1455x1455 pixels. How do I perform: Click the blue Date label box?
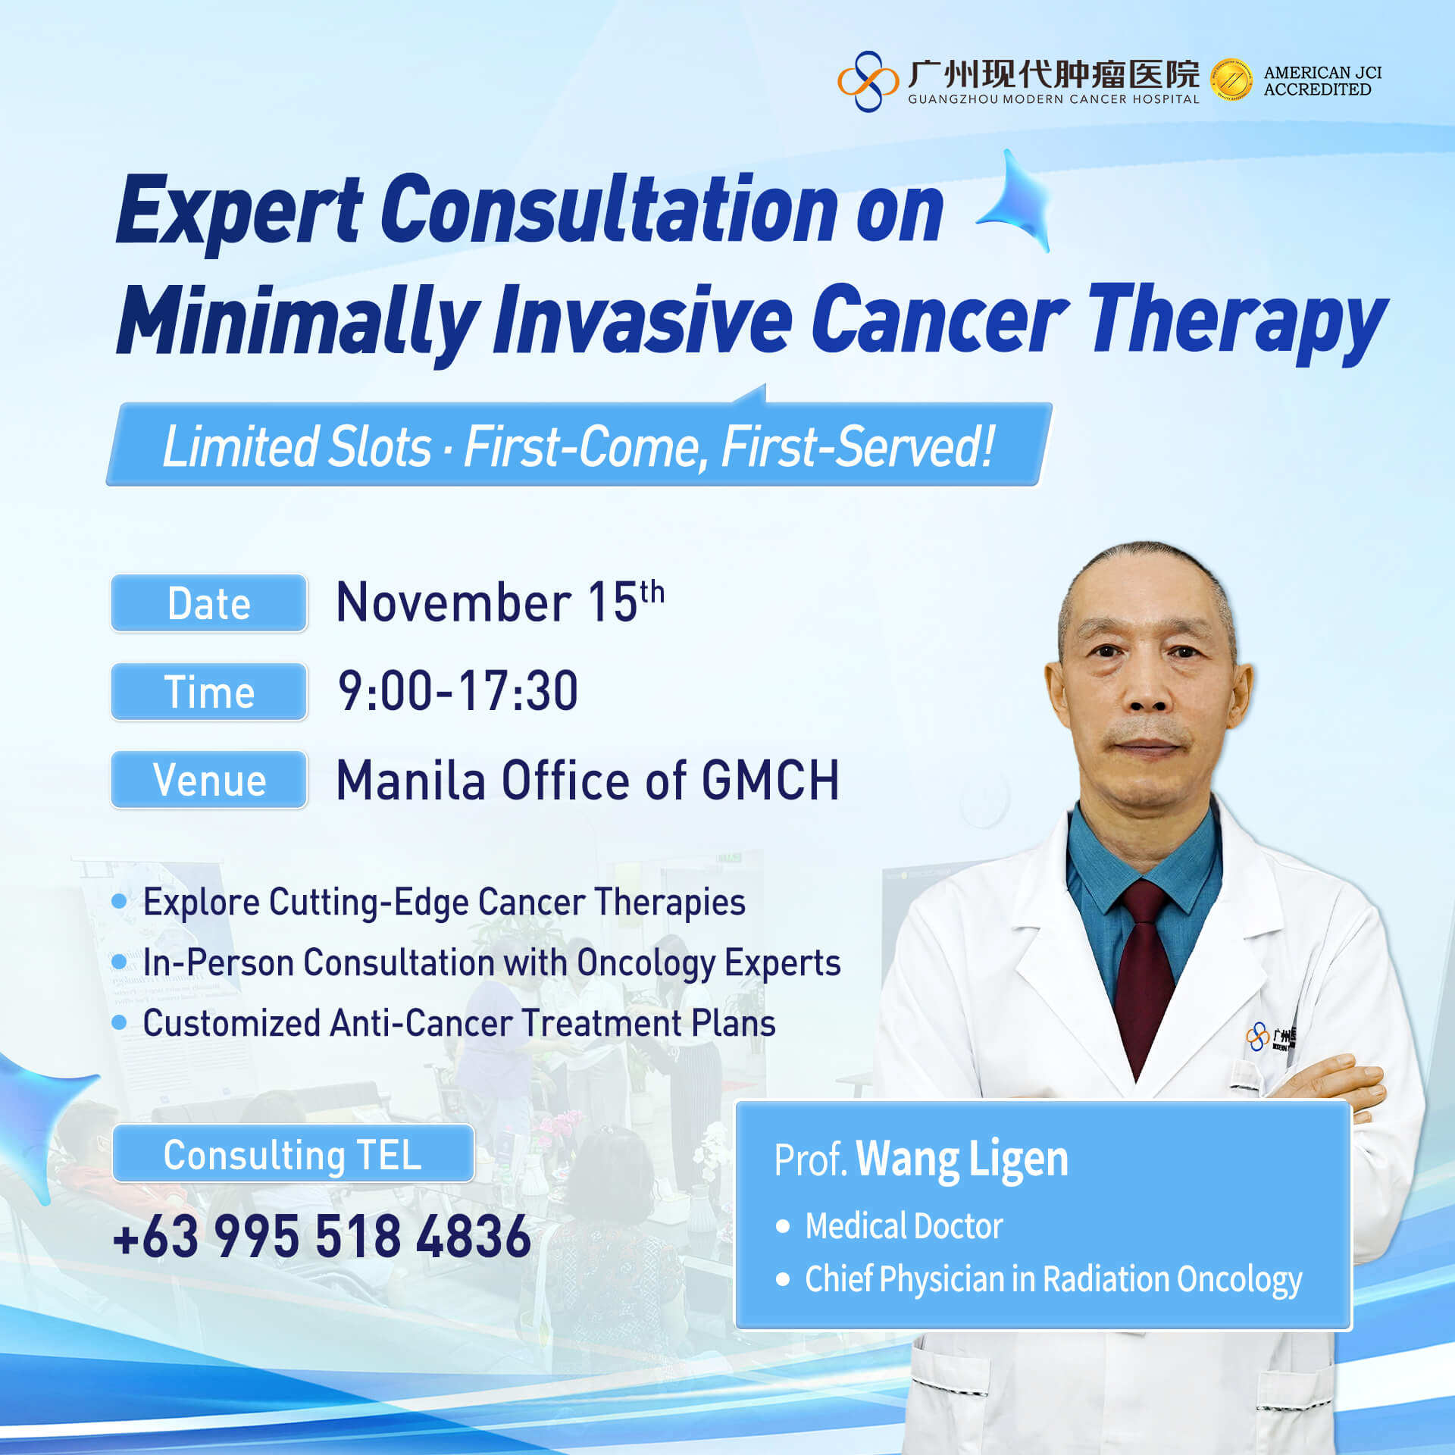208,603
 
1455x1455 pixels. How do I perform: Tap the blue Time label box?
208,692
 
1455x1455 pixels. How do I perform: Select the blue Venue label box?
208,780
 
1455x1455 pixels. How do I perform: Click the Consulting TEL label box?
293,1154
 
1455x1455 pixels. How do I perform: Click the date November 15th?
500,602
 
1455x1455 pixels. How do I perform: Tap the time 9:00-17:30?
458,691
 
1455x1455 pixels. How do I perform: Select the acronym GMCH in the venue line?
770,780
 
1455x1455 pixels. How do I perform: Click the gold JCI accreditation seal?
1231,80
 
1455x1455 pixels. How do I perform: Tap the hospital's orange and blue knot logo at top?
868,81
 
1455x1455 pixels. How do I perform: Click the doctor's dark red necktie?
1144,978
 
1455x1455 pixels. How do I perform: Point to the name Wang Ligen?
962,1160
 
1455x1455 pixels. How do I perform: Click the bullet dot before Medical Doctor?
783,1226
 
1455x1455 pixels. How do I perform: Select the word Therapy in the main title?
1238,321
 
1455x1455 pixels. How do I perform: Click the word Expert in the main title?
240,211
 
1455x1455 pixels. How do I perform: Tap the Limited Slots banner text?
578,446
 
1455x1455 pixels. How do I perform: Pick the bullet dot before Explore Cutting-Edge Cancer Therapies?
119,901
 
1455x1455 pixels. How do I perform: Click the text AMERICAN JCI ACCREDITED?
1322,81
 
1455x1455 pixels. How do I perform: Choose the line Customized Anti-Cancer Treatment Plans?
459,1023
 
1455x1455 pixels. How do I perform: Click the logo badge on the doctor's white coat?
1271,1036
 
